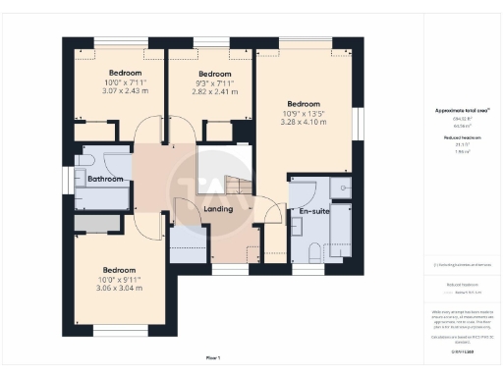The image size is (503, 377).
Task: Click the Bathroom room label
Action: [x=105, y=180]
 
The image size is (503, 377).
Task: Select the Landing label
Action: [x=217, y=209]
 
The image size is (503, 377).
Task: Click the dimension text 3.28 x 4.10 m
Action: [x=303, y=123]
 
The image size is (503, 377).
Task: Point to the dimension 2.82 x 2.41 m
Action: [x=214, y=93]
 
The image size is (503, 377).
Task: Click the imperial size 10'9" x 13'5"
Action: [x=303, y=113]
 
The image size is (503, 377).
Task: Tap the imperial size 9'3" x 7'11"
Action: [x=214, y=83]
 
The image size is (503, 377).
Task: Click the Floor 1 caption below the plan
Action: [x=213, y=357]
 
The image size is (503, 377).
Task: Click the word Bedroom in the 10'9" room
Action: [x=303, y=103]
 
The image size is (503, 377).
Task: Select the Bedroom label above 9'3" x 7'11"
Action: [x=214, y=74]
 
